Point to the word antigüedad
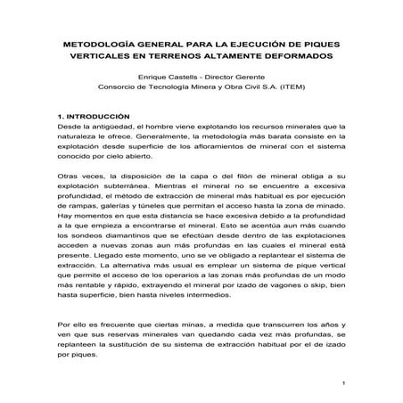point(103,127)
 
